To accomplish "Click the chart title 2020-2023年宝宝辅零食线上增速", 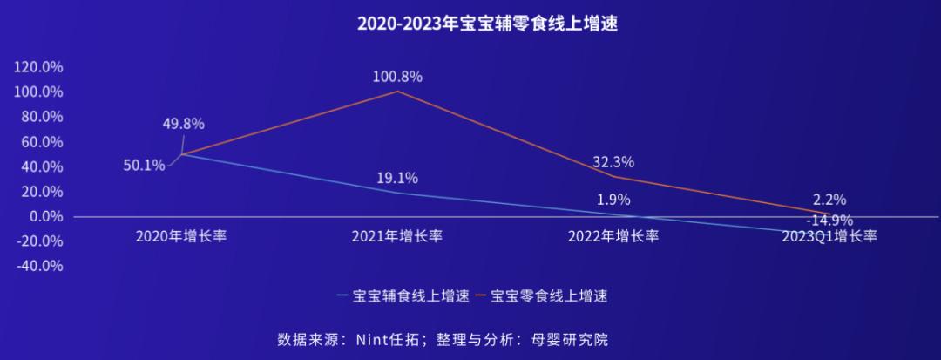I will click(470, 24).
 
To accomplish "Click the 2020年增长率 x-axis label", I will click(181, 236).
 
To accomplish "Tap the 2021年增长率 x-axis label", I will click(397, 236).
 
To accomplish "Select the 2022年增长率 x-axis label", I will click(613, 236).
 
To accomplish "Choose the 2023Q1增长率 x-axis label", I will click(829, 236).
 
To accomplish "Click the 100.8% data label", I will click(397, 77).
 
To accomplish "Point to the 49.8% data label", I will click(183, 124).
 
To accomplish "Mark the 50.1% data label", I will click(144, 166).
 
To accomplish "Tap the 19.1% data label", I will click(396, 179).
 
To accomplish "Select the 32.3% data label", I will click(613, 162).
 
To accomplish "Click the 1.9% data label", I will click(613, 200).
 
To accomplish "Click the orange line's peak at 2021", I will click(397, 92).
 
